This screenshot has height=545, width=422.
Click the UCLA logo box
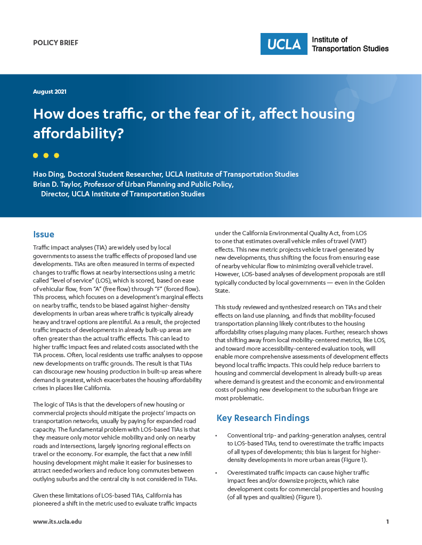pyautogui.click(x=284, y=44)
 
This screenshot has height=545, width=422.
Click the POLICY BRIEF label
pyautogui.click(x=55, y=43)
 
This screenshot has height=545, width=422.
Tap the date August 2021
pyautogui.click(x=50, y=92)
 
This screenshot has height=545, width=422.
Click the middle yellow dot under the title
pyautogui.click(x=46, y=155)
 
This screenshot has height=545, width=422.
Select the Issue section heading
pyautogui.click(x=44, y=234)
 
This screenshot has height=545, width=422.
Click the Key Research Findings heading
pyautogui.click(x=263, y=418)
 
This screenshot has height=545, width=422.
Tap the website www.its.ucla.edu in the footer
pyautogui.click(x=58, y=522)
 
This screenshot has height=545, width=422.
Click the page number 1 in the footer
pyautogui.click(x=387, y=522)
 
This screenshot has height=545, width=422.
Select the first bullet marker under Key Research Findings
pyautogui.click(x=216, y=436)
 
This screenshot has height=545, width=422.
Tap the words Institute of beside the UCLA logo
pyautogui.click(x=329, y=40)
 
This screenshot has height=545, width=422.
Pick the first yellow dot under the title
pyautogui.click(x=36, y=155)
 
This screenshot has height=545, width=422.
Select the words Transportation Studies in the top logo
pyautogui.click(x=350, y=49)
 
